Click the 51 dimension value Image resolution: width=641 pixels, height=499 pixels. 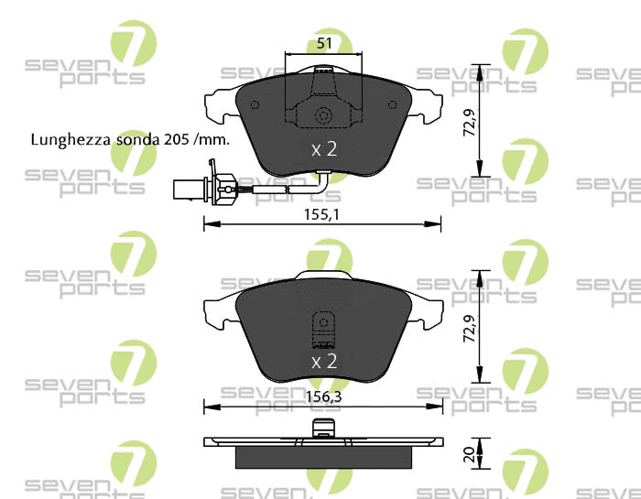[324, 43]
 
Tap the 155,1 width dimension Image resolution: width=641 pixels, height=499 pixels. [321, 214]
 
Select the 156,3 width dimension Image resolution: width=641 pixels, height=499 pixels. [323, 396]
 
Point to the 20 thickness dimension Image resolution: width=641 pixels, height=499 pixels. [469, 454]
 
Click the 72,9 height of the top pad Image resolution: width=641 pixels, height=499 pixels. [469, 123]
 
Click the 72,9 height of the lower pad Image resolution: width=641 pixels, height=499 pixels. [469, 328]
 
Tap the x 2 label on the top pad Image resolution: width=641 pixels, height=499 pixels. [324, 149]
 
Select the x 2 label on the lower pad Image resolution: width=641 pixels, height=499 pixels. [324, 362]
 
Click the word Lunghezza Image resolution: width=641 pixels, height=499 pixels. [71, 140]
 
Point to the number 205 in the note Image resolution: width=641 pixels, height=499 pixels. [176, 140]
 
